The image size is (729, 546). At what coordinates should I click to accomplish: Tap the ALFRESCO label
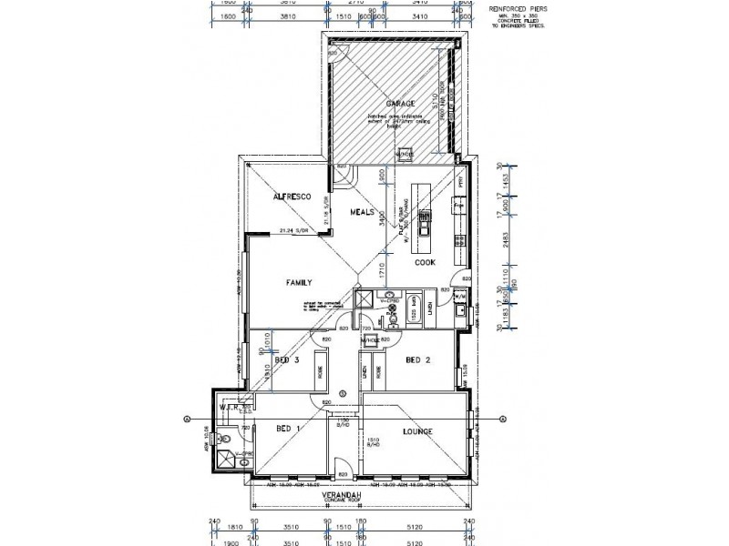293,197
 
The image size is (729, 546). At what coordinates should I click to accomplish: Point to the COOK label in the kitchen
426,262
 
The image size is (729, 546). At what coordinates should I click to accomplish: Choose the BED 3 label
287,359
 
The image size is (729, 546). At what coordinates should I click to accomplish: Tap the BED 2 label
418,359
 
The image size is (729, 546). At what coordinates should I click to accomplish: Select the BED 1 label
288,428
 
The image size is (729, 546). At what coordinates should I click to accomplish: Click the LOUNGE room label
416,431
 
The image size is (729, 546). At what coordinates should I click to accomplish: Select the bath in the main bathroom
414,305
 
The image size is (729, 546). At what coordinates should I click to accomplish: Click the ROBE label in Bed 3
319,372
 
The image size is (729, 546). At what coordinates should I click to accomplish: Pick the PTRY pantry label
461,181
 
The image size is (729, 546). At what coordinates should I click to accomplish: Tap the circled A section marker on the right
499,418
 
